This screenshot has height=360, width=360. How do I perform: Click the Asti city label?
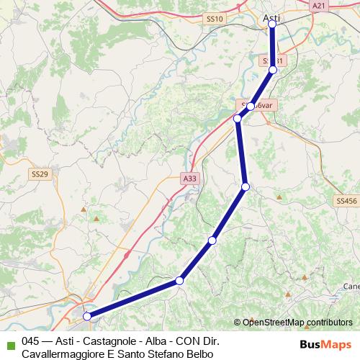[x=271, y=16]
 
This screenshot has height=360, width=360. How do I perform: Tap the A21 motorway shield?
[x=319, y=5]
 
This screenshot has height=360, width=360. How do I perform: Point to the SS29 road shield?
[x=40, y=174]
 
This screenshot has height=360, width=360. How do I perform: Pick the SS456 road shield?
[x=346, y=202]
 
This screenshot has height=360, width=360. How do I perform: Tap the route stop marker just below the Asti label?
[x=272, y=24]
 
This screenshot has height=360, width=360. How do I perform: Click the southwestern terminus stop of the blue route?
[x=87, y=316]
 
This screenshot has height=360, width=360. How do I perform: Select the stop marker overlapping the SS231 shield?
[x=273, y=70]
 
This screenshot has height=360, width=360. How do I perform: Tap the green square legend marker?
[x=9, y=342]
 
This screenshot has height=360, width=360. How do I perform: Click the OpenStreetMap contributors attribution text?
[x=297, y=323]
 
